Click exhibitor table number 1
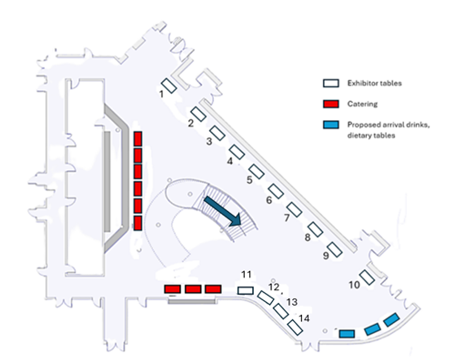168,86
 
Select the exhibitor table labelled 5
257,171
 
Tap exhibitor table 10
367,277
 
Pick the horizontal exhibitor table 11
246,290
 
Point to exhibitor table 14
295,328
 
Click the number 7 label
287,217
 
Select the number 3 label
209,141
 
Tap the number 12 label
274,287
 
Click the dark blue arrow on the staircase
223,211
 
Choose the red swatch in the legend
331,104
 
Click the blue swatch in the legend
331,125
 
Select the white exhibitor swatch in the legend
331,84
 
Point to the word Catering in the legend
362,104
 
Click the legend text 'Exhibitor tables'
375,83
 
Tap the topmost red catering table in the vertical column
137,138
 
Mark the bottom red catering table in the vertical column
137,223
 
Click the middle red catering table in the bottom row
193,289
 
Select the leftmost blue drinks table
347,334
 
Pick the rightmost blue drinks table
391,320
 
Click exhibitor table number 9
335,250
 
